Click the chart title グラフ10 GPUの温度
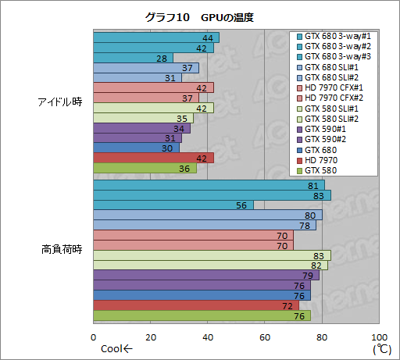pyautogui.click(x=198, y=16)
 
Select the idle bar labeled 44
pyautogui.click(x=155, y=37)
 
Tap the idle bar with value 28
pyautogui.click(x=133, y=58)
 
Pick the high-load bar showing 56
pyautogui.click(x=173, y=205)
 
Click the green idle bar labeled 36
pyautogui.click(x=145, y=169)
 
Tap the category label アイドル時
pyautogui.click(x=60, y=103)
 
